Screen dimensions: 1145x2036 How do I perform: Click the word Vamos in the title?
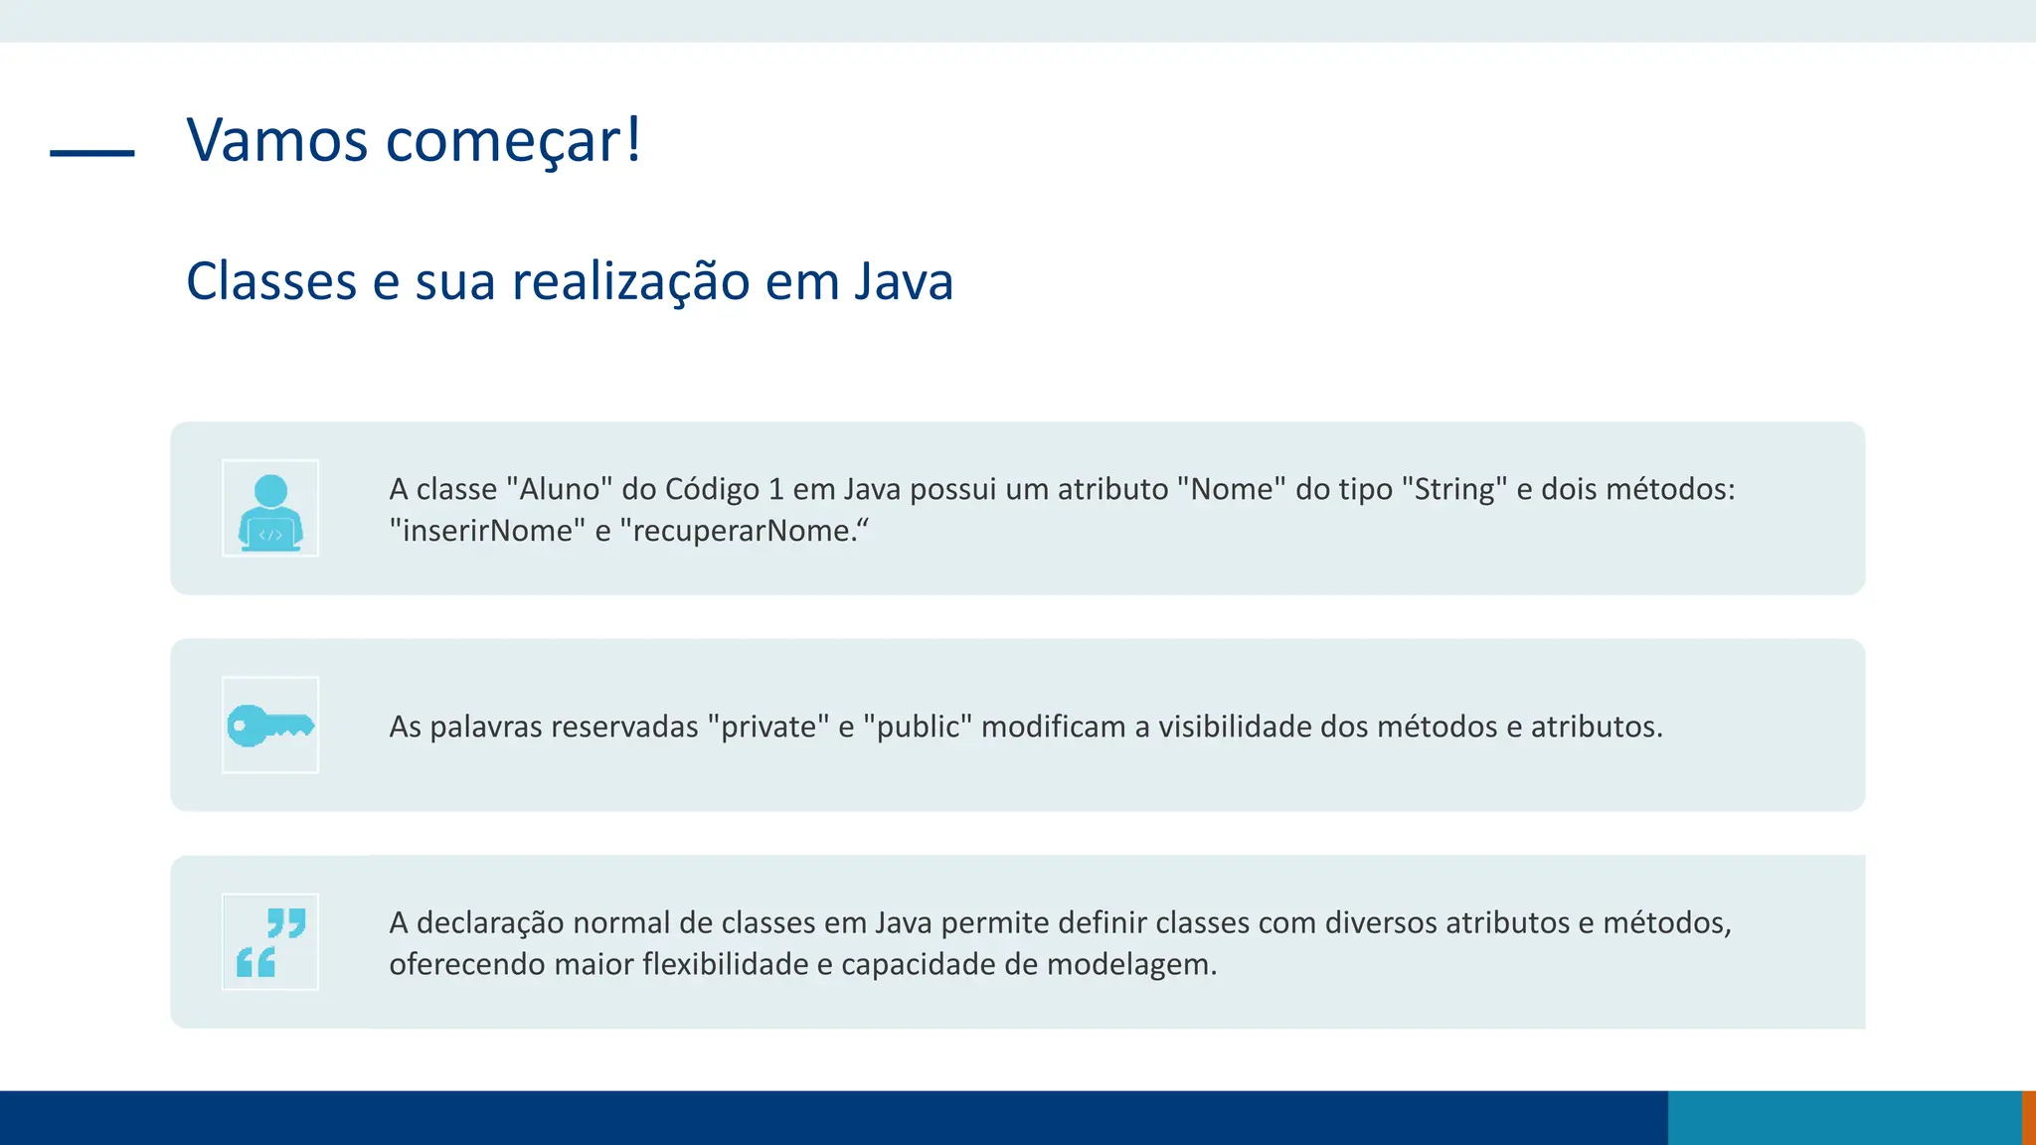click(x=277, y=140)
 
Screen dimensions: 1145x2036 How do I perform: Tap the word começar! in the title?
click(x=513, y=140)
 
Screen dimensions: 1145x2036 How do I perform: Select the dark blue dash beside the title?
click(x=92, y=153)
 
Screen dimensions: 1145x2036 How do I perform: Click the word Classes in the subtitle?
click(x=270, y=281)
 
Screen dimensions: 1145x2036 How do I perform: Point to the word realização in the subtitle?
click(x=630, y=281)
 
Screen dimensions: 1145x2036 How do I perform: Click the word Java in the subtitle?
click(x=904, y=281)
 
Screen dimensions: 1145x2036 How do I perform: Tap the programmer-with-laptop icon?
click(x=270, y=508)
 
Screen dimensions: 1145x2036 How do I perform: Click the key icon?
click(x=270, y=726)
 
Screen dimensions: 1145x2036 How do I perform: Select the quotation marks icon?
click(x=270, y=942)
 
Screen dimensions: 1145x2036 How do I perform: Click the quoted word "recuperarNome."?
click(x=744, y=531)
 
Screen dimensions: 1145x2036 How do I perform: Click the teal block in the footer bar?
click(x=1844, y=1117)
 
